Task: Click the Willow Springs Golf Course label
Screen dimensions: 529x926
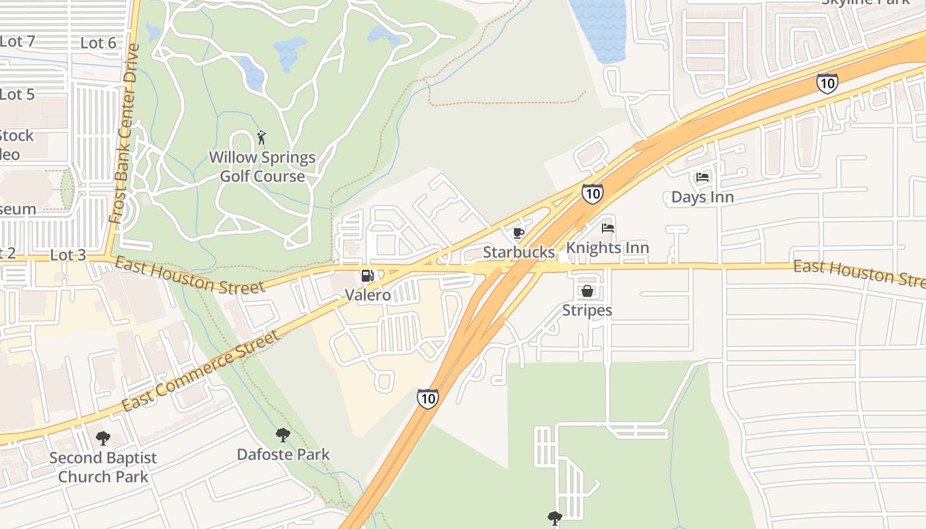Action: tap(263, 167)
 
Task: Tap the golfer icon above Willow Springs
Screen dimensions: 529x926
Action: tap(261, 138)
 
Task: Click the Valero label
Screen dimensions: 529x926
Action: tap(368, 295)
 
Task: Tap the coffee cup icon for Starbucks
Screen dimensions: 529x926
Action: tap(519, 233)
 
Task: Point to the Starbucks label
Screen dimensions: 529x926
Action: tap(519, 252)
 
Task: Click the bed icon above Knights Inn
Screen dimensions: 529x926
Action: tap(608, 228)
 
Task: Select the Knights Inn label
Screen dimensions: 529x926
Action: tap(607, 248)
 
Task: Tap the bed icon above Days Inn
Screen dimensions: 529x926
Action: tap(702, 177)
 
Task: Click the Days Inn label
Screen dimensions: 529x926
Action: tap(702, 197)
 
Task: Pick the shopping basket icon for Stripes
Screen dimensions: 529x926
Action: tap(587, 291)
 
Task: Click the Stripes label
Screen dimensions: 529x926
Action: tap(587, 310)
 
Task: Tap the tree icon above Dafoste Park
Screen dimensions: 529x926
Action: tap(283, 435)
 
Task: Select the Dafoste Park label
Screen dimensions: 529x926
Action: tap(283, 455)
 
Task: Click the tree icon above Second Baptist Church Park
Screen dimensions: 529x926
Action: tap(103, 438)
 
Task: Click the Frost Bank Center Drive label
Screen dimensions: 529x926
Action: tap(124, 134)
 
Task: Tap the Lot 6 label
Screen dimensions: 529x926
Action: tap(98, 43)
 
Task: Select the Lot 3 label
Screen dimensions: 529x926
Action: tap(68, 255)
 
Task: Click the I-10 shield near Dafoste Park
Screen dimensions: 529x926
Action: tap(427, 398)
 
